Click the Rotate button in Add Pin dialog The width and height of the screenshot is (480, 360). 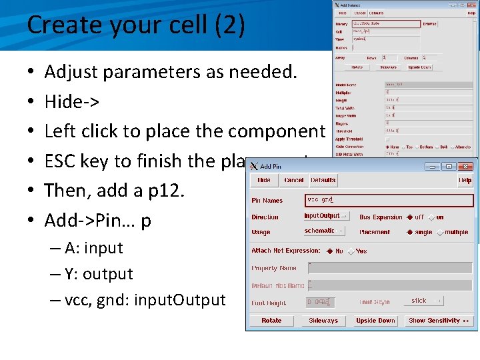pyautogui.click(x=271, y=321)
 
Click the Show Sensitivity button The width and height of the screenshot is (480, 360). pyautogui.click(x=438, y=321)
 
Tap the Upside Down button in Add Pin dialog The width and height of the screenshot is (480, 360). pyautogui.click(x=375, y=321)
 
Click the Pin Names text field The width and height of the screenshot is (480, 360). pyautogui.click(x=387, y=199)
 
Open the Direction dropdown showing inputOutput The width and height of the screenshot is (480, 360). pyautogui.click(x=326, y=216)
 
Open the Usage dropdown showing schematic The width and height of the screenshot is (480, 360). pyautogui.click(x=324, y=231)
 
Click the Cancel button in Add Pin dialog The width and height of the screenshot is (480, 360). pyautogui.click(x=293, y=180)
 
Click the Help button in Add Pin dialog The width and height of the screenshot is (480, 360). pyautogui.click(x=465, y=180)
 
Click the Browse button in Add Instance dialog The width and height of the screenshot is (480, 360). pyautogui.click(x=430, y=24)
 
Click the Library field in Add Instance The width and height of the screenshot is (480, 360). pyautogui.click(x=386, y=24)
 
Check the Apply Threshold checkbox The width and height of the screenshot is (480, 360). pyautogui.click(x=388, y=139)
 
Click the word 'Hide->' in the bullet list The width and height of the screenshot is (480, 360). pyautogui.click(x=72, y=102)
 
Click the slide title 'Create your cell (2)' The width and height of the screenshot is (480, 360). pyautogui.click(x=136, y=25)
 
